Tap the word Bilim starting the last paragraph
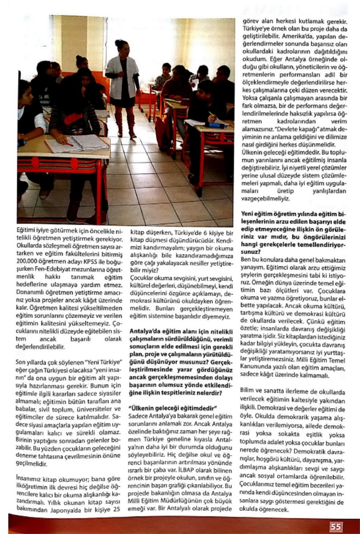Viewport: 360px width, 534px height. [247, 389]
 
